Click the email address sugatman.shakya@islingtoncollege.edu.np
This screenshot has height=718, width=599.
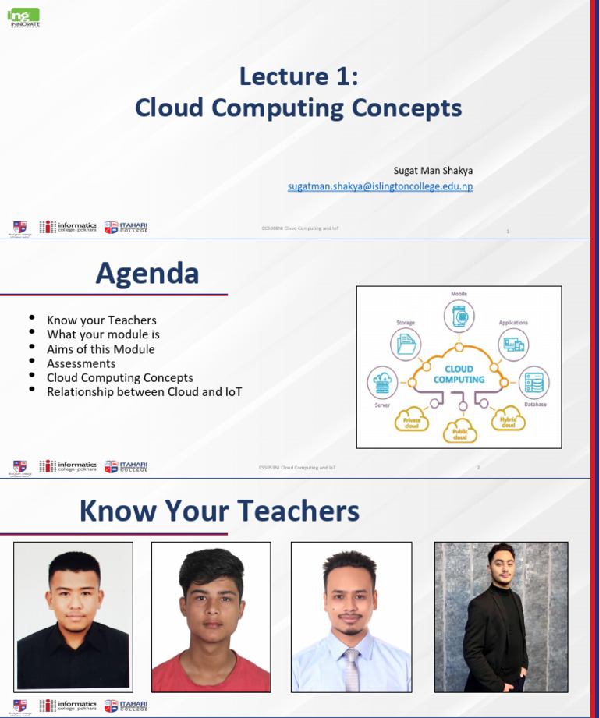click(x=380, y=187)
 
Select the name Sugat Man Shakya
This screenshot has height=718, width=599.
click(x=433, y=171)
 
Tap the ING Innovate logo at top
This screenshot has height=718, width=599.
click(x=24, y=16)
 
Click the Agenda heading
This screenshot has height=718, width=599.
click(x=147, y=274)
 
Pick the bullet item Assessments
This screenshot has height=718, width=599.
click(x=81, y=363)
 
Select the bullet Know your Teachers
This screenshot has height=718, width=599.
click(x=101, y=320)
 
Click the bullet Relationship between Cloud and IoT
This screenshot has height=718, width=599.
click(x=144, y=391)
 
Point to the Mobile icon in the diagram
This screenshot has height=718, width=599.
click(x=459, y=317)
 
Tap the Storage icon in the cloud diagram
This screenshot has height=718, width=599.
click(x=406, y=343)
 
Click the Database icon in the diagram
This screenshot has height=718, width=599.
click(x=534, y=383)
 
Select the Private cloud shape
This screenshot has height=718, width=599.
click(x=412, y=421)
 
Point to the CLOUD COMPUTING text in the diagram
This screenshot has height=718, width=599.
click(x=459, y=374)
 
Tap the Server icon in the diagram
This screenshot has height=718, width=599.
click(x=382, y=383)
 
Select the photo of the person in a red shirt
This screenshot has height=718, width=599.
click(x=211, y=617)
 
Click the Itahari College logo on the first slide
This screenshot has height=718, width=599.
click(x=126, y=227)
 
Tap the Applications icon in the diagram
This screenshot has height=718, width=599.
click(x=513, y=343)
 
